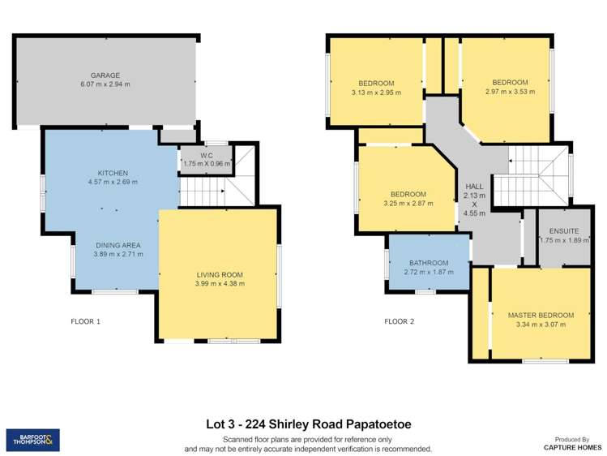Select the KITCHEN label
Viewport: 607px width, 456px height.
[113, 173]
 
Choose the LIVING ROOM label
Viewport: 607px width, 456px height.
[220, 274]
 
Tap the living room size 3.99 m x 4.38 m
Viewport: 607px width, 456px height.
[220, 284]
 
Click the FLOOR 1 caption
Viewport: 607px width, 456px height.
[85, 321]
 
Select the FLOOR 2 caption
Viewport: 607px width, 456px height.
[399, 321]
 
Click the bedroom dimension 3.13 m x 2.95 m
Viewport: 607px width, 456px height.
[376, 92]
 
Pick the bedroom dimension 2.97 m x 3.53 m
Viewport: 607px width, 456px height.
[510, 92]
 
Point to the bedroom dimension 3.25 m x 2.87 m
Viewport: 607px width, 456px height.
[408, 204]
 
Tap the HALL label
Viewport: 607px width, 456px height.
[474, 187]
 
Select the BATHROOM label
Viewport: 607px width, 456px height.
[428, 263]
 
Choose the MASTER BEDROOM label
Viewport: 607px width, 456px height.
[541, 315]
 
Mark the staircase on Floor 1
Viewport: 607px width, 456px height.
[203, 192]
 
